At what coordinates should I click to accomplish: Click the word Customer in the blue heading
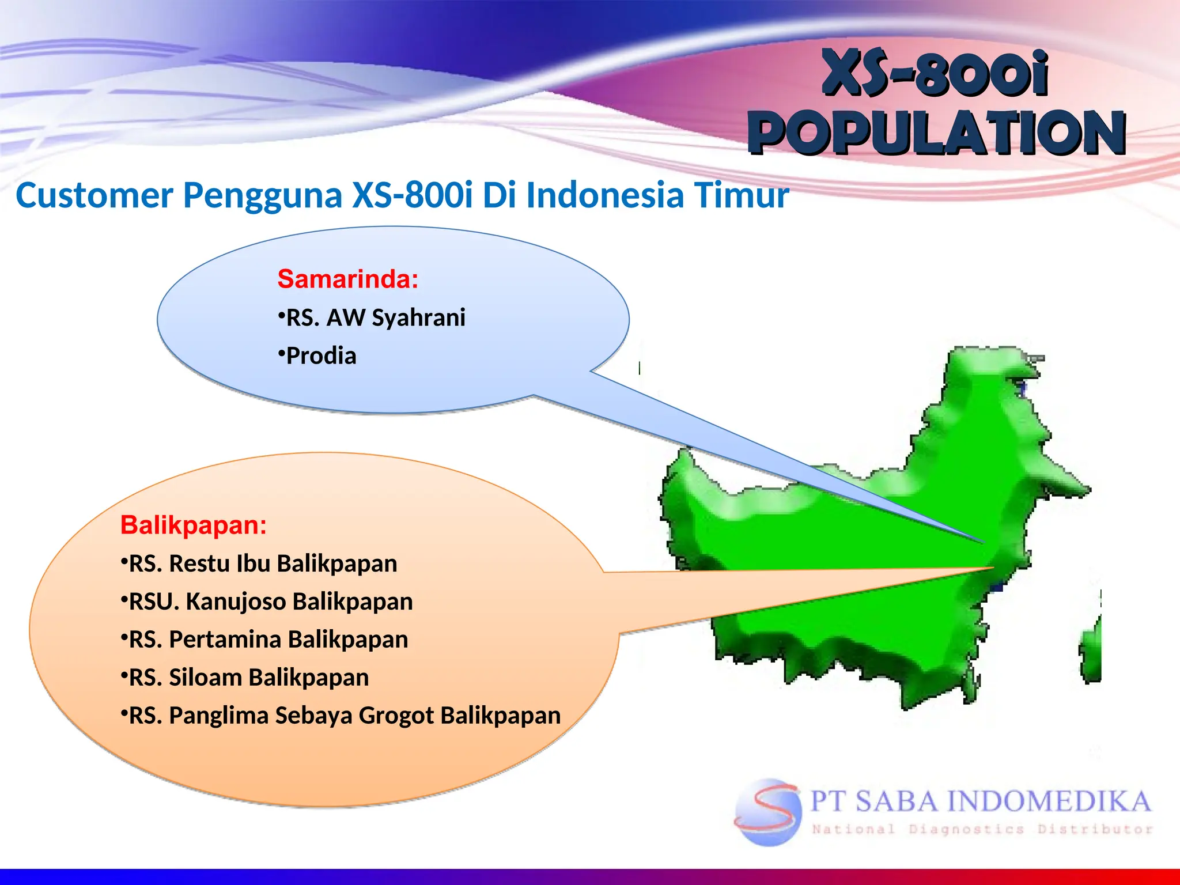pos(94,195)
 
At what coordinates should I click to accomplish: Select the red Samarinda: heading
pos(347,279)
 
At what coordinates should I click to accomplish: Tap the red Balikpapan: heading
pos(194,525)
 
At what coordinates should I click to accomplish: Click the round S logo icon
pos(768,812)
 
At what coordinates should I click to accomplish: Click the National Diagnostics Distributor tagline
pos(982,830)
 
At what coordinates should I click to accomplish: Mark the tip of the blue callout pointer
pos(983,542)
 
